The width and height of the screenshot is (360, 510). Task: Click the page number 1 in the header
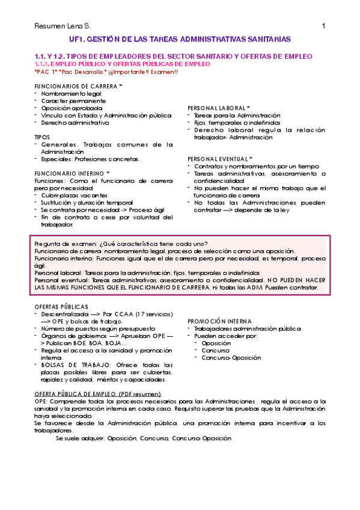coord(323,26)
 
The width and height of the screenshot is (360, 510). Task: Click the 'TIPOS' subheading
coord(43,137)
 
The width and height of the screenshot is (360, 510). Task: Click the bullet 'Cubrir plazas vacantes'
coord(75,195)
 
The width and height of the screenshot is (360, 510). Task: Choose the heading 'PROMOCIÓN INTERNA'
coord(219,322)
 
